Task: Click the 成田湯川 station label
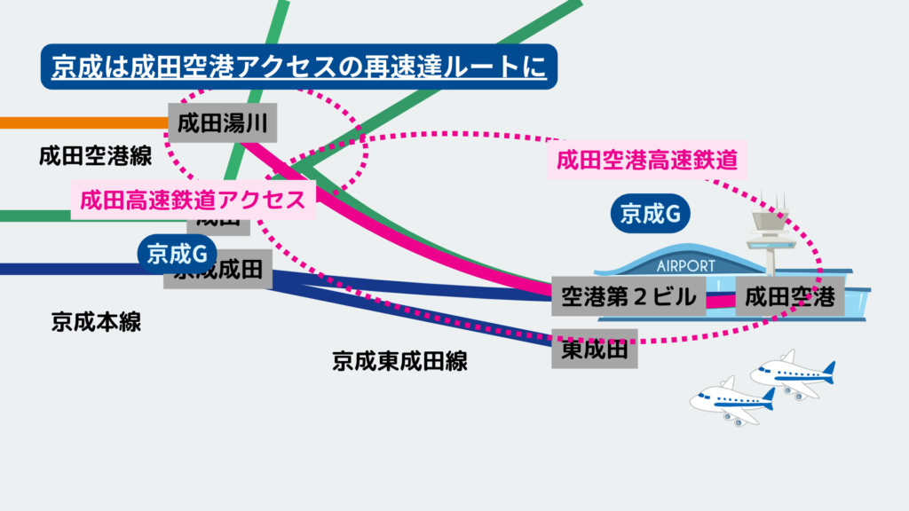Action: coord(223,122)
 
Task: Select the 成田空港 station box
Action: coord(789,295)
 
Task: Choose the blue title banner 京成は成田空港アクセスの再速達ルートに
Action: coord(298,67)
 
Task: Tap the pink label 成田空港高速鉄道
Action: coord(647,160)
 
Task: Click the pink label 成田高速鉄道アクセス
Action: coord(193,200)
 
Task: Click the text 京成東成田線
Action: coord(399,360)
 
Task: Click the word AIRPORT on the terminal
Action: coord(685,265)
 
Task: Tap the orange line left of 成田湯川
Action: coord(80,122)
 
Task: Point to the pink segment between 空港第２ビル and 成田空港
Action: coord(722,299)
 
